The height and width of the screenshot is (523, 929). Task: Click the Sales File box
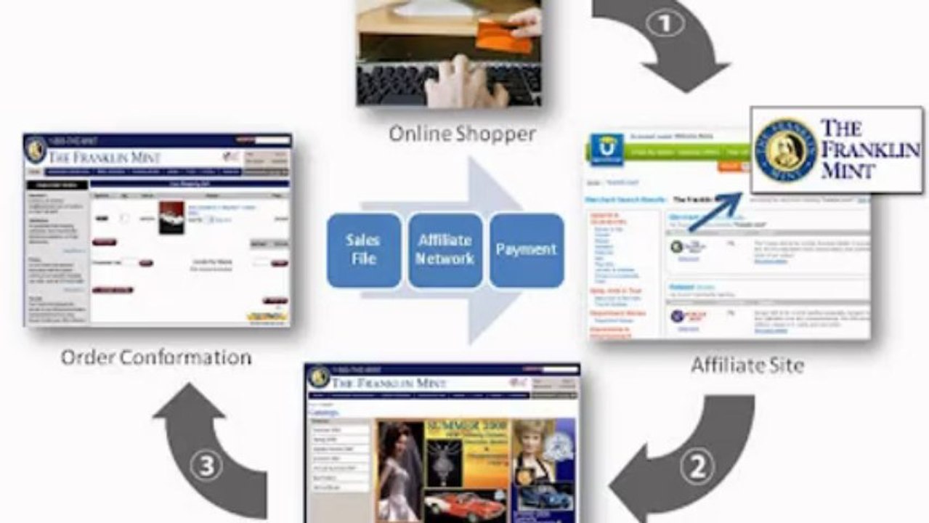363,249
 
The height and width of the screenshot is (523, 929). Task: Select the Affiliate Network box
445,249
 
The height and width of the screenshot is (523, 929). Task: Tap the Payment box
526,249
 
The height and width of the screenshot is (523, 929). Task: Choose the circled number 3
206,466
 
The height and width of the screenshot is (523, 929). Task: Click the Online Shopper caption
462,134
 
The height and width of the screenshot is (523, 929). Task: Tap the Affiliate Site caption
747,364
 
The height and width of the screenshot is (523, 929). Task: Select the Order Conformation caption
156,357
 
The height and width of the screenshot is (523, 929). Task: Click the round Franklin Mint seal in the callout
784,151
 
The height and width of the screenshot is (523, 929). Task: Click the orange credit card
504,36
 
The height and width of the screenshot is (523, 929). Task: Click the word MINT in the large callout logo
848,171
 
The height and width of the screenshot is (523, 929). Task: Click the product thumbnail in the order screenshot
171,217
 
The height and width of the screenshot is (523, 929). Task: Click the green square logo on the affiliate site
606,150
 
